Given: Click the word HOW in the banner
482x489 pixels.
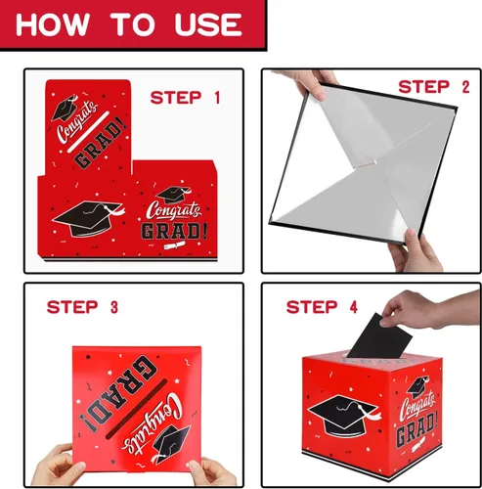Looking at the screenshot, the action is [53, 24].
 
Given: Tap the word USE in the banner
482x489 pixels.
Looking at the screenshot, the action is [208, 24].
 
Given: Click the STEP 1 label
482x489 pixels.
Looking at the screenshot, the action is [185, 98].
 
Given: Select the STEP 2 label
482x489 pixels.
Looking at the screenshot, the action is [434, 87].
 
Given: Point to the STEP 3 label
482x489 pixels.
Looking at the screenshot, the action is [82, 307].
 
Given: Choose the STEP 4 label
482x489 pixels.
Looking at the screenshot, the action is [322, 307].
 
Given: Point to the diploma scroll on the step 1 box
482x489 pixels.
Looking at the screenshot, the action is [174, 245].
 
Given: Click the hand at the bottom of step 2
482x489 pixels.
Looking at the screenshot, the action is [414, 251].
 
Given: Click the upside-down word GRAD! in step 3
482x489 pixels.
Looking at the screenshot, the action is [122, 395].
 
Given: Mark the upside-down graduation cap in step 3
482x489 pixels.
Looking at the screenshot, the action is [170, 444].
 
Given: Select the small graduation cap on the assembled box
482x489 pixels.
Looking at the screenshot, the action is [418, 386].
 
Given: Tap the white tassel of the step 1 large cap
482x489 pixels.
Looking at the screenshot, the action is [114, 210].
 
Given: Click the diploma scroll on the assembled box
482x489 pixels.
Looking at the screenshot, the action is [418, 444].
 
